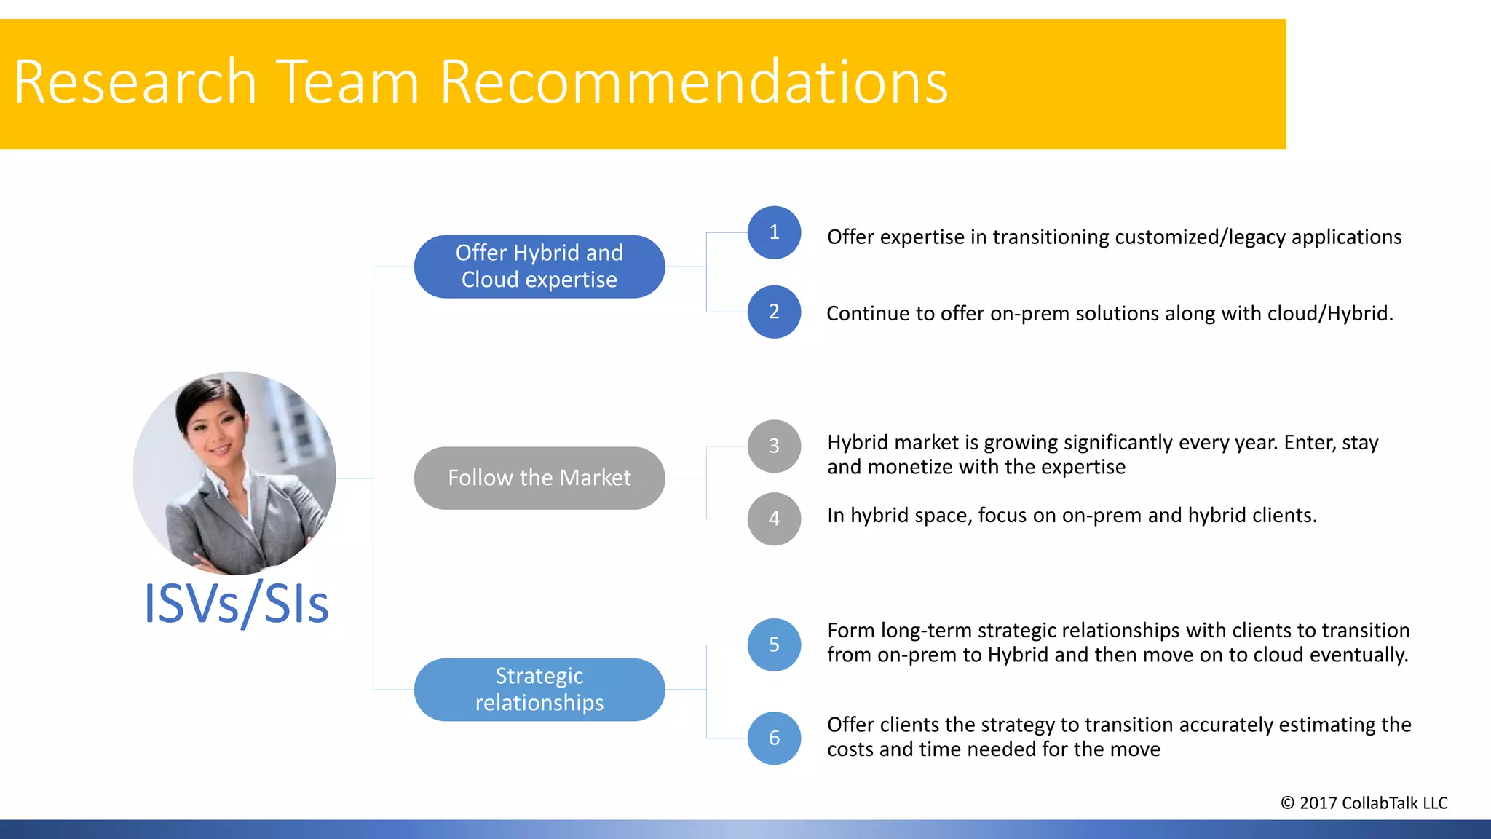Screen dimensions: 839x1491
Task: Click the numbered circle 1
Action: [x=774, y=232]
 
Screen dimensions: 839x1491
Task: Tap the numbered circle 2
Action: [x=774, y=312]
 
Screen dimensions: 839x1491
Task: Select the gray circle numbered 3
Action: [x=774, y=446]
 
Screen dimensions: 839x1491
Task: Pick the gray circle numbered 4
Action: [x=774, y=519]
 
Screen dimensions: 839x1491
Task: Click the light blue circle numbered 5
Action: [x=774, y=645]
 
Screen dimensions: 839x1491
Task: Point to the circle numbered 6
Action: [x=774, y=738]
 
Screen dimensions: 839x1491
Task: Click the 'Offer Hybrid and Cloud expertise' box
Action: [x=539, y=267]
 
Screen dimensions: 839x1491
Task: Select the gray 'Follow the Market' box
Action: [x=539, y=478]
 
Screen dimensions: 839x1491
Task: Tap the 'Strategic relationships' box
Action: [x=539, y=689]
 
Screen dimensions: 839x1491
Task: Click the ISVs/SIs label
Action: [x=237, y=604]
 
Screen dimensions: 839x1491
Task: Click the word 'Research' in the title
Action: [x=135, y=82]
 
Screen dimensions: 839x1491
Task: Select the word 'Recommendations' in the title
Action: [x=693, y=82]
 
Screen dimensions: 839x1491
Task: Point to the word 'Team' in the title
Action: [x=347, y=82]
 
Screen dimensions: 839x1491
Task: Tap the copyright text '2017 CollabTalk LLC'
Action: [x=1372, y=803]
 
